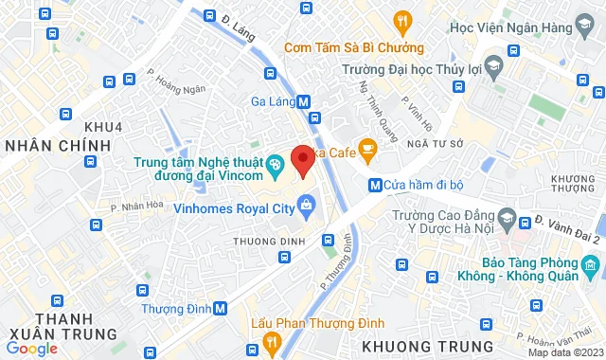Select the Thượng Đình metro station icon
pyautogui.click(x=221, y=308)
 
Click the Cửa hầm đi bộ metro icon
pyautogui.click(x=375, y=185)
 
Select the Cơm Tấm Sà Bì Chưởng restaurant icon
pyautogui.click(x=402, y=21)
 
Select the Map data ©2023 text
pyautogui.click(x=563, y=352)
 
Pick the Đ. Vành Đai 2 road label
pyautogui.click(x=566, y=229)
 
